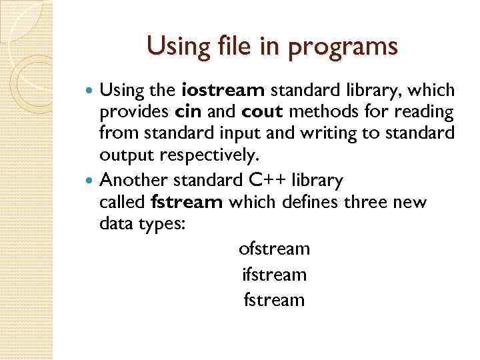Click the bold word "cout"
253,112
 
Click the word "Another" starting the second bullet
133,180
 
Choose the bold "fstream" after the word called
187,202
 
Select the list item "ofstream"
274,249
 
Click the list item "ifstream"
274,274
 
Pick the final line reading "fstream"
274,299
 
